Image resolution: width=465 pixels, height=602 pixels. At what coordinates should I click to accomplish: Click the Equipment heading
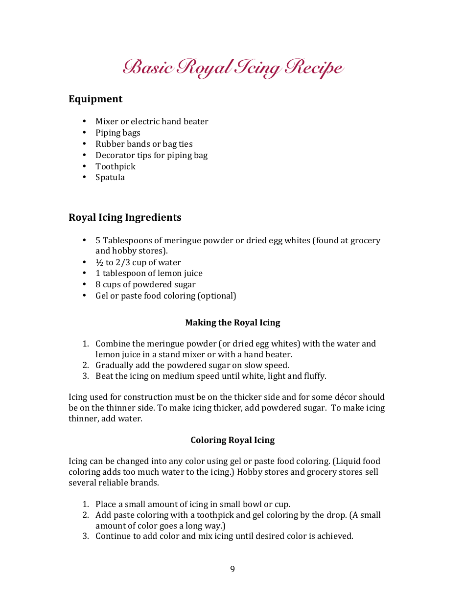95,99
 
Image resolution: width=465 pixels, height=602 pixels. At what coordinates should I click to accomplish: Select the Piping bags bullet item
118,133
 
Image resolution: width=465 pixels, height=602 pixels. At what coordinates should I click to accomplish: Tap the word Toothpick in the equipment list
116,166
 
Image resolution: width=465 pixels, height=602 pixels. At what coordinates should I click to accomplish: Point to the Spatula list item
110,177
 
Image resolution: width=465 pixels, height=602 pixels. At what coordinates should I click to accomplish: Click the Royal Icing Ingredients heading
125,217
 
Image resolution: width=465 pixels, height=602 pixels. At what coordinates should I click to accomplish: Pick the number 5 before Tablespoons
98,240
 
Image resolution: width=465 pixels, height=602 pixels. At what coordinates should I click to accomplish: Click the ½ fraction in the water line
98,262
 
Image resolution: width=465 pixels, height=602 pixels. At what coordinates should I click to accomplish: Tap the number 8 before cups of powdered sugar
98,284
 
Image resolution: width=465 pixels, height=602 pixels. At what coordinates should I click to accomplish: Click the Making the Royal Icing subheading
232,323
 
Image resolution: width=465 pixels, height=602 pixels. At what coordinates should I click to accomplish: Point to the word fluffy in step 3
314,376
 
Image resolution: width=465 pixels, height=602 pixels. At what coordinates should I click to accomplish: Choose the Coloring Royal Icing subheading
232,440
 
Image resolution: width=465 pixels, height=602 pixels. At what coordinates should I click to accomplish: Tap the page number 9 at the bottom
232,569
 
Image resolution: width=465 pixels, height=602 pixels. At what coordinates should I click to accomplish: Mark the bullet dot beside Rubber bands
84,144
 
